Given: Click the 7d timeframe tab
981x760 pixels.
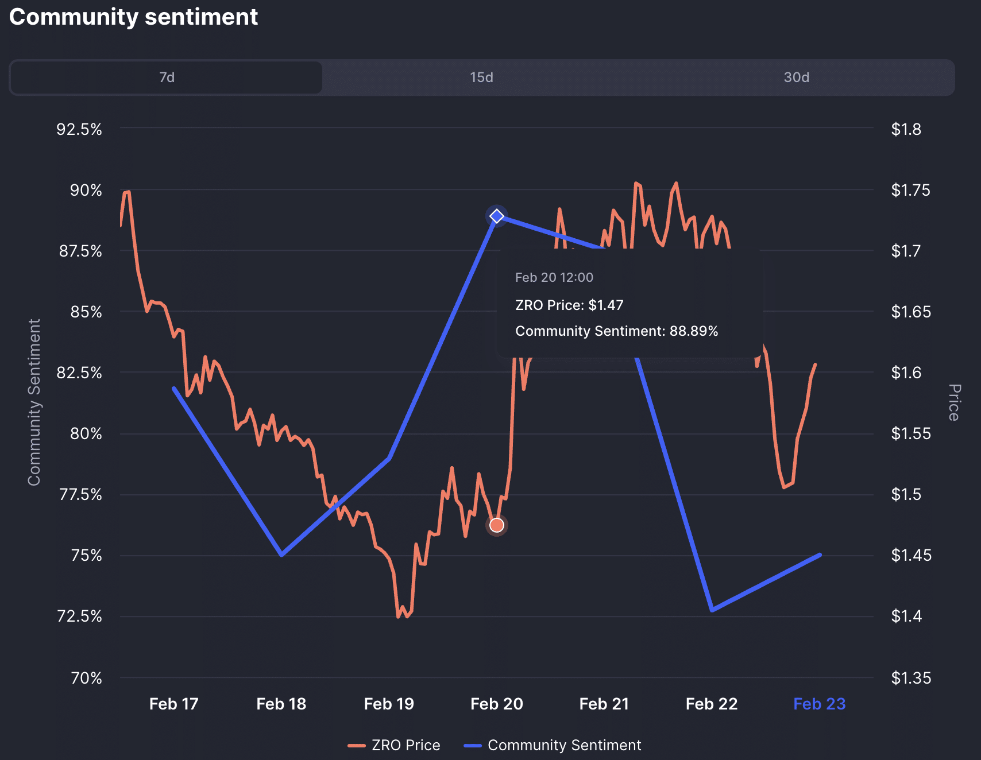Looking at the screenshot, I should pyautogui.click(x=167, y=77).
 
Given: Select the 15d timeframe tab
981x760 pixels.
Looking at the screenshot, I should pyautogui.click(x=481, y=77).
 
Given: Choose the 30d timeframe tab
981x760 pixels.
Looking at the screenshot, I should pyautogui.click(x=796, y=77).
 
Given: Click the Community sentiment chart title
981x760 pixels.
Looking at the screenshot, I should pyautogui.click(x=133, y=17).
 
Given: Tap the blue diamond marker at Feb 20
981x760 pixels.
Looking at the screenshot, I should pyautogui.click(x=497, y=216).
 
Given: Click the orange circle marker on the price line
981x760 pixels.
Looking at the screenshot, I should pyautogui.click(x=497, y=525).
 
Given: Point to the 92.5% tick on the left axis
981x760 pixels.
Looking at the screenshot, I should pyautogui.click(x=79, y=129).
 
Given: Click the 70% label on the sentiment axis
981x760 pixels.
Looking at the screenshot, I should pyautogui.click(x=86, y=678).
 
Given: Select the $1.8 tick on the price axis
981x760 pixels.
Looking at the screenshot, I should pyautogui.click(x=906, y=129).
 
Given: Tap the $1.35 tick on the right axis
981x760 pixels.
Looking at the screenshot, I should pyautogui.click(x=911, y=678).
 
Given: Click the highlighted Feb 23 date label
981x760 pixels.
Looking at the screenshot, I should pyautogui.click(x=819, y=704).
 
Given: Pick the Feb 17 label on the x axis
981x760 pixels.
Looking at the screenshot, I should pyautogui.click(x=173, y=704).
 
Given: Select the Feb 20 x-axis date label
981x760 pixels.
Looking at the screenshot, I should pyautogui.click(x=497, y=704).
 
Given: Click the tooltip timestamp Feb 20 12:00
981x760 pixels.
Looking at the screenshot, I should pyautogui.click(x=554, y=278).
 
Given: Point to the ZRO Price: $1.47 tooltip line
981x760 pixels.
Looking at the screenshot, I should pyautogui.click(x=569, y=305).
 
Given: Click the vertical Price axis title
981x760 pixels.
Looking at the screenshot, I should pyautogui.click(x=953, y=402).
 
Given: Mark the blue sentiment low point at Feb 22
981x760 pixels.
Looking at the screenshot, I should pyautogui.click(x=712, y=610).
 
